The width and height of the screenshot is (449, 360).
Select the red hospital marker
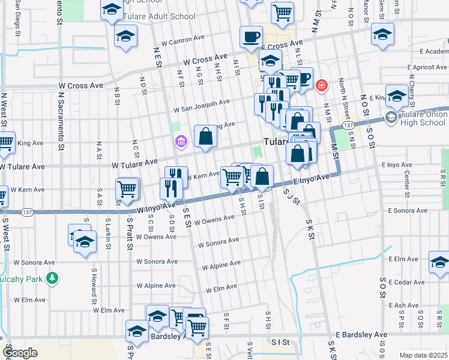tap(322, 86)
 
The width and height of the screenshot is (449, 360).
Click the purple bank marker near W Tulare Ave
tap(181, 142)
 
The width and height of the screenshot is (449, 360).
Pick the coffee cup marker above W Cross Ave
tap(250, 37)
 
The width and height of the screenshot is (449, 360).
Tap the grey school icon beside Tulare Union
tap(392, 116)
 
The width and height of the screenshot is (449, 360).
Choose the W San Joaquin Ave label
tap(202, 106)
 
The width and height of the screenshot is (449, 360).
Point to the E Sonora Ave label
tap(408, 211)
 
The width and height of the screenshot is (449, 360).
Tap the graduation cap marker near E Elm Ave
tap(439, 262)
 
